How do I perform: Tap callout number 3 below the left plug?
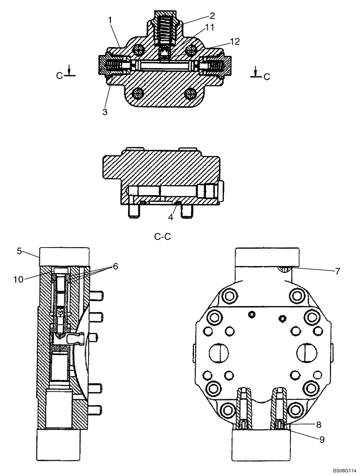point(104,112)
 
